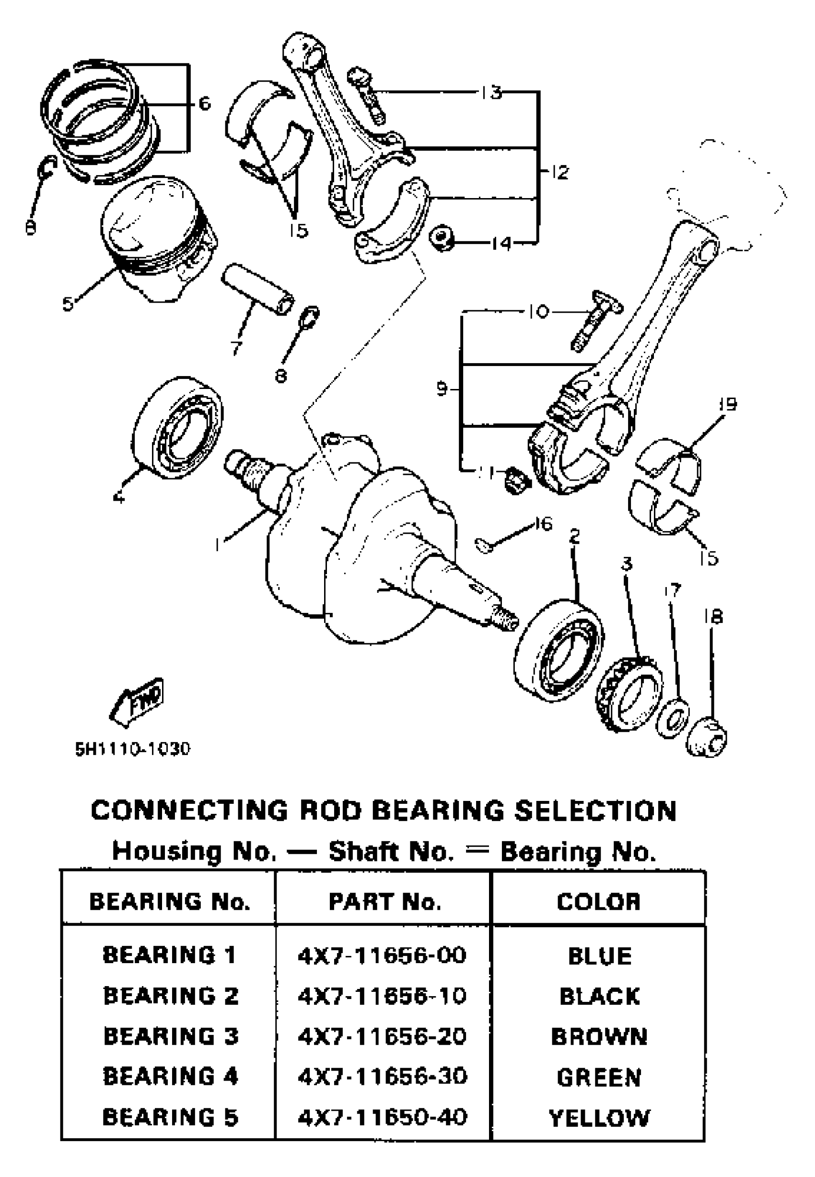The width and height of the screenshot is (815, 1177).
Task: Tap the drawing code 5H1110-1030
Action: pos(133,749)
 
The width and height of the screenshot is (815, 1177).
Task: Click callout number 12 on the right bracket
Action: pos(559,172)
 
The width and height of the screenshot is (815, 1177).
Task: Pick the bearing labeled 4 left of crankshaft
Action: pos(179,428)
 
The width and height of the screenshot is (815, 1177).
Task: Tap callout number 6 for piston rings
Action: pos(204,104)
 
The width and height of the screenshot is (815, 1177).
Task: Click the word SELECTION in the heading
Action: pos(595,811)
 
